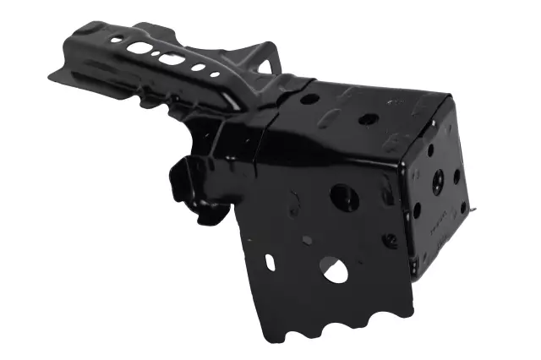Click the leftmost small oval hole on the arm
pyautogui.click(x=116, y=40)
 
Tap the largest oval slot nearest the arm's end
pyautogui.click(x=139, y=48)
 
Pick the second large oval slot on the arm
pyautogui.click(x=171, y=59)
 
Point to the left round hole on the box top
pyautogui.click(x=310, y=99)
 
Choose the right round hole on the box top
pyautogui.click(x=368, y=119)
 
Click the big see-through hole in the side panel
pyautogui.click(x=334, y=270)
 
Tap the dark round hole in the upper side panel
pyautogui.click(x=344, y=198)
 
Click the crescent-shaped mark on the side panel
pyautogui.click(x=294, y=202)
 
